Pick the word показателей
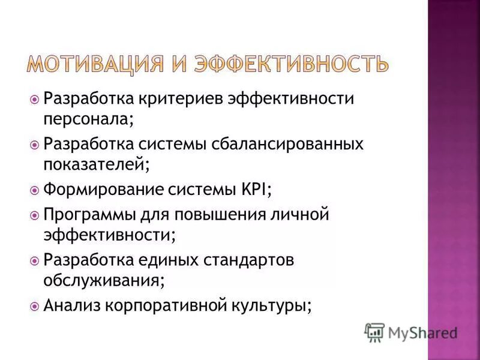click(x=95, y=163)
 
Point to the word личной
click(x=304, y=214)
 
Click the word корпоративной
click(x=168, y=305)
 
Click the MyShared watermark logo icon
click(x=374, y=332)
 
